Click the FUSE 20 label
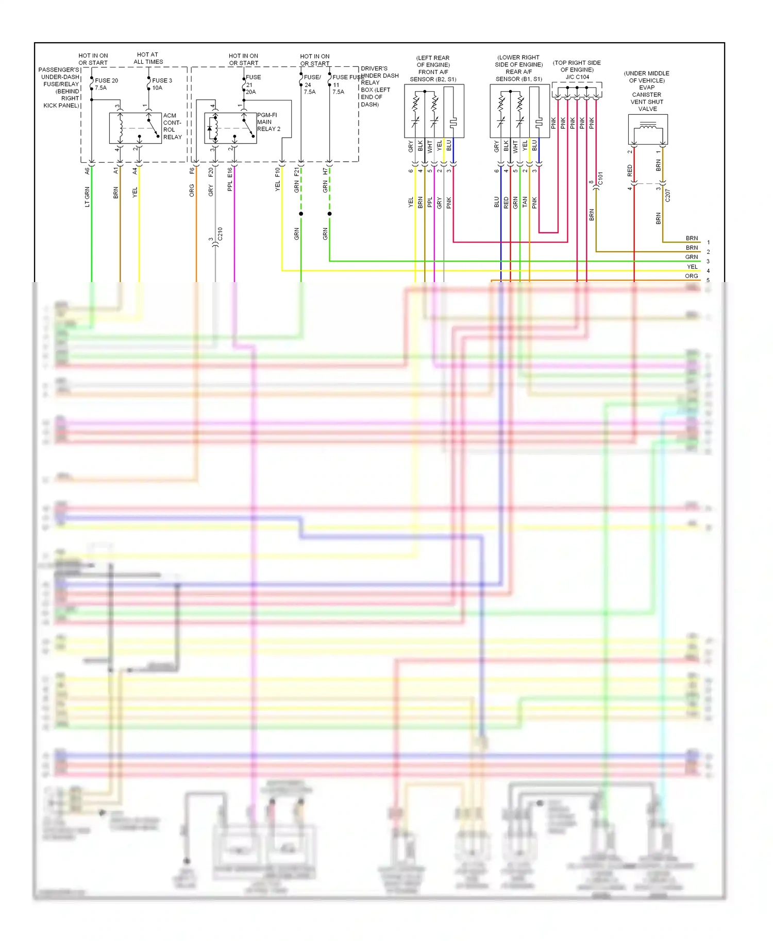[106, 80]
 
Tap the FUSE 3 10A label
[162, 84]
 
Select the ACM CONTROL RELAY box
[135, 128]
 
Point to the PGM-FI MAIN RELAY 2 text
[268, 122]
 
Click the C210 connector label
[220, 234]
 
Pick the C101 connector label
[600, 179]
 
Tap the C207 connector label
[667, 195]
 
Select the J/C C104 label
[577, 77]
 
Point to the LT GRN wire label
[87, 197]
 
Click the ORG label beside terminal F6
[192, 190]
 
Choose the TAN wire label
[525, 202]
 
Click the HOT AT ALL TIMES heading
[148, 58]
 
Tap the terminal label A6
[87, 170]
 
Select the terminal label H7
[325, 171]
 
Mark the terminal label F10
[277, 171]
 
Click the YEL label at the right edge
[692, 267]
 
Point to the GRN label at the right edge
[692, 257]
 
